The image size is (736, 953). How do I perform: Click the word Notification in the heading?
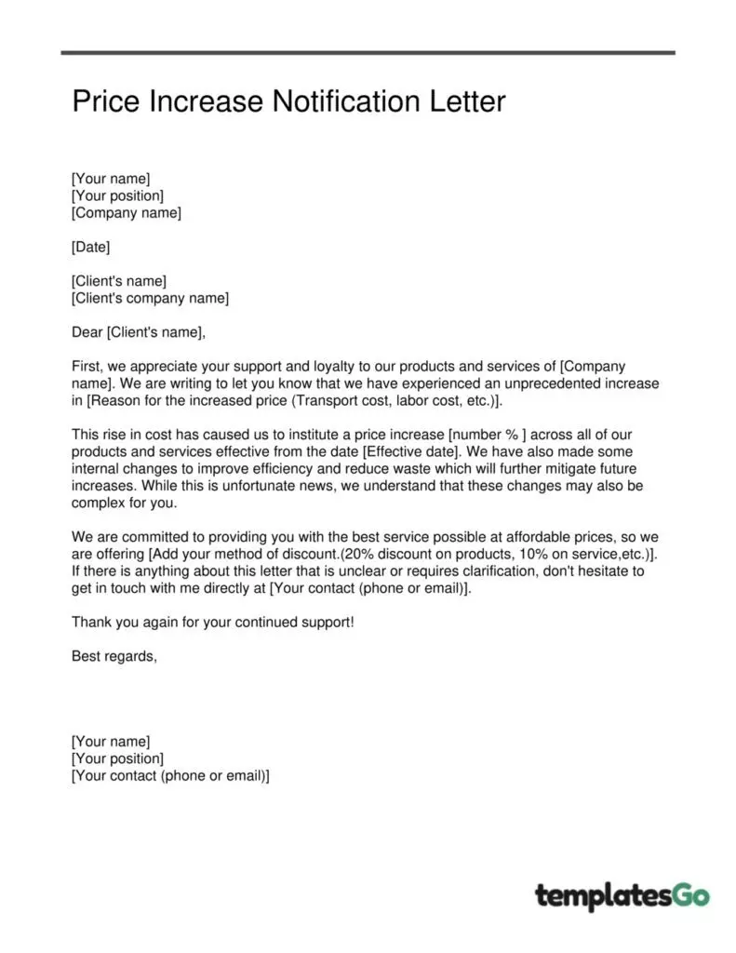click(x=339, y=101)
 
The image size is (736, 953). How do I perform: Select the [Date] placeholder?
click(x=90, y=247)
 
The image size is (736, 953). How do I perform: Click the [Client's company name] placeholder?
click(x=150, y=298)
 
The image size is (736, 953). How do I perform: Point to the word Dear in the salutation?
click(x=87, y=332)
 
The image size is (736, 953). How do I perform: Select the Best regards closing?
click(x=114, y=656)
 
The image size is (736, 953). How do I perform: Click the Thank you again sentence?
click(x=212, y=622)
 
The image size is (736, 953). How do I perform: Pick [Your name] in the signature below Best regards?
click(x=110, y=742)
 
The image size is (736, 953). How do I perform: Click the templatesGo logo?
click(x=622, y=895)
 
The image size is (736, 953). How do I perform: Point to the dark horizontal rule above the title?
click(x=368, y=52)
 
